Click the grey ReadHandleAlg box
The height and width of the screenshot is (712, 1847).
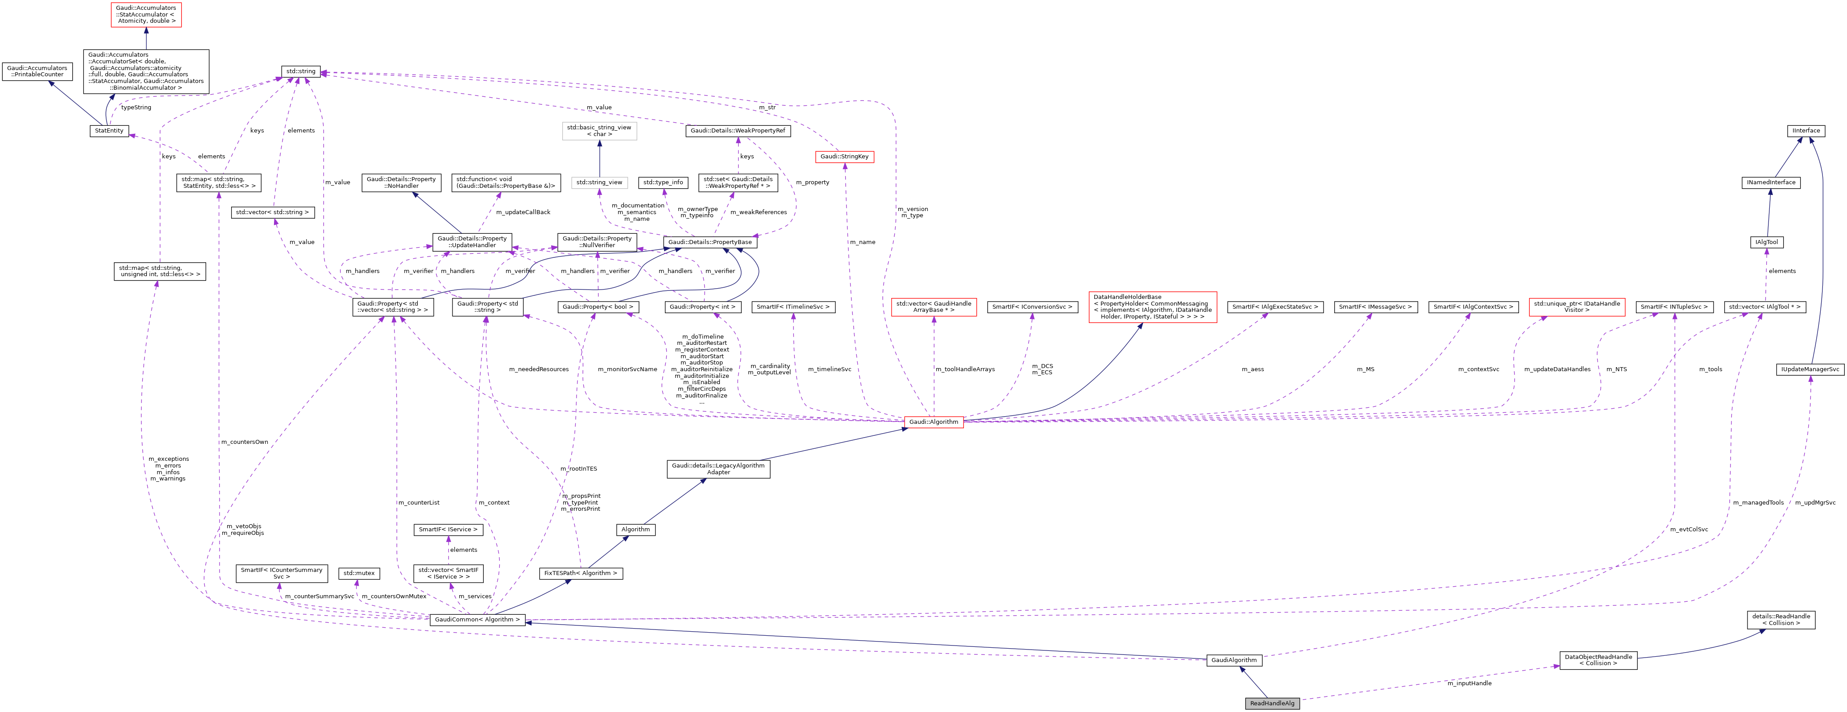(1272, 703)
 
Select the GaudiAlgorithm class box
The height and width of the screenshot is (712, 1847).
(1233, 660)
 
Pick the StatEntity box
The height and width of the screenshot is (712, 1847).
(109, 131)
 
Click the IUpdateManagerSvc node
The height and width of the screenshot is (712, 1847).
(1810, 369)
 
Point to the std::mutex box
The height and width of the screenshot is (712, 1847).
(358, 573)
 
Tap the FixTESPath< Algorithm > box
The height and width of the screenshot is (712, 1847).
(580, 573)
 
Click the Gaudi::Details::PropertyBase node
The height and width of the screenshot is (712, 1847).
(710, 242)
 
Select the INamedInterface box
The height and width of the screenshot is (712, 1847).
(1770, 182)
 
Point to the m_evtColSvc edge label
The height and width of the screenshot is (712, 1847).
(1689, 529)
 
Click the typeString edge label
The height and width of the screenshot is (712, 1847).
(136, 108)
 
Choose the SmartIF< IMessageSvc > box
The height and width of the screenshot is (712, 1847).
(1375, 307)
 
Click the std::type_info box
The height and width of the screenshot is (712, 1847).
(663, 182)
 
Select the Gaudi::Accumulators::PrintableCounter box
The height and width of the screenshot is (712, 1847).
(37, 71)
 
